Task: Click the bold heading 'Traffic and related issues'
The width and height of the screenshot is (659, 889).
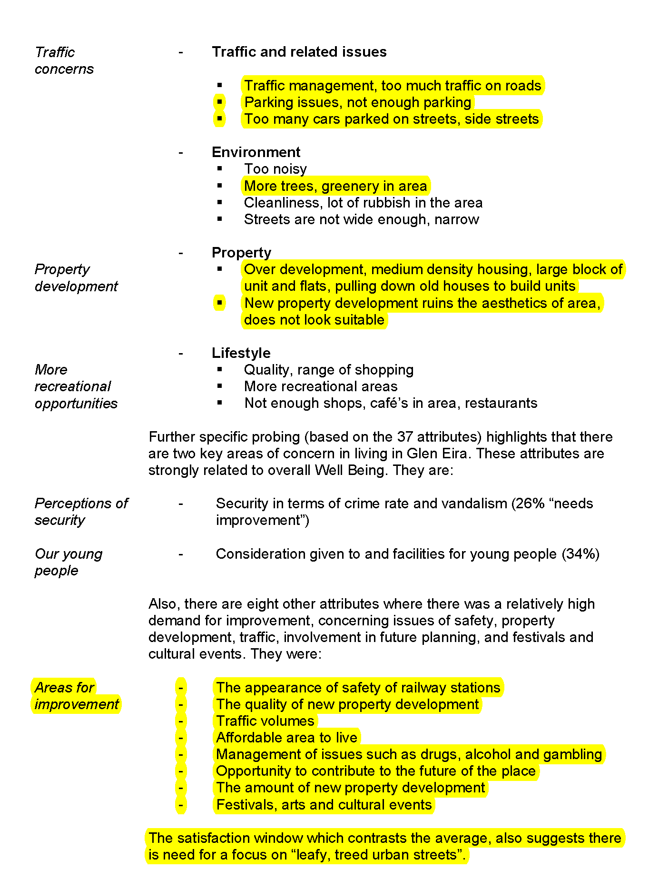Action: pyautogui.click(x=299, y=52)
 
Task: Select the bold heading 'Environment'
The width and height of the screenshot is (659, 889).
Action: pyautogui.click(x=256, y=152)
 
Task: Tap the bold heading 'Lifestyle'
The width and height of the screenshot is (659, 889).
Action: pyautogui.click(x=241, y=353)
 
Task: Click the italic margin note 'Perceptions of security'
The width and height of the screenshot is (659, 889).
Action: pyautogui.click(x=81, y=512)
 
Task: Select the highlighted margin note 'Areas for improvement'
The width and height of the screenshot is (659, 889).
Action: pyautogui.click(x=76, y=696)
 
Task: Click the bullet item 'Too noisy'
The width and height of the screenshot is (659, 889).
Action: pyautogui.click(x=275, y=169)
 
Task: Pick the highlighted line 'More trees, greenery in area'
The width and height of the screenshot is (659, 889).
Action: pyautogui.click(x=335, y=186)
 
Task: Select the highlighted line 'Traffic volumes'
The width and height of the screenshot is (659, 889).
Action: pyautogui.click(x=265, y=721)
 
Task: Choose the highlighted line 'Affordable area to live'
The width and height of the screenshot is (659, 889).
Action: pyautogui.click(x=286, y=738)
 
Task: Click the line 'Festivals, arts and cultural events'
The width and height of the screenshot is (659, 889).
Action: pyautogui.click(x=324, y=805)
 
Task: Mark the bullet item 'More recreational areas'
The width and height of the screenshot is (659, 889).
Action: pyautogui.click(x=321, y=386)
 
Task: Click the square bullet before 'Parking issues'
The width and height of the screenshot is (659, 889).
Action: pyautogui.click(x=219, y=102)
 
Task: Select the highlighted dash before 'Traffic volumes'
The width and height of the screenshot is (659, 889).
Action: pyautogui.click(x=181, y=721)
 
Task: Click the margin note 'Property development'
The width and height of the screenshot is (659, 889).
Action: pyautogui.click(x=76, y=278)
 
